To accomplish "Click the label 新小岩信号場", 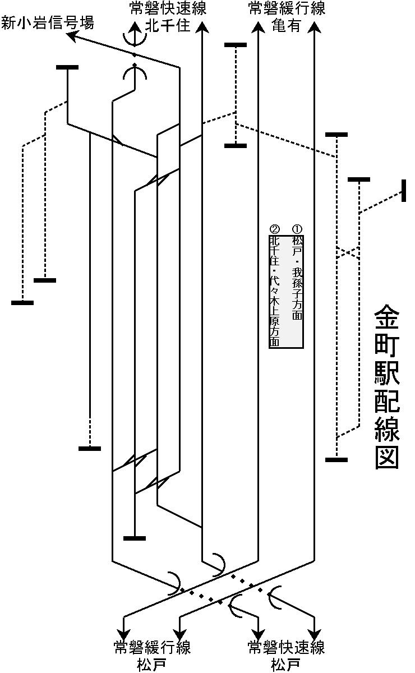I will click(x=47, y=23).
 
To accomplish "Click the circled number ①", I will click(x=297, y=229).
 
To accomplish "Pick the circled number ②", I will click(x=275, y=229).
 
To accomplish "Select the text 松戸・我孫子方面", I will click(x=297, y=278).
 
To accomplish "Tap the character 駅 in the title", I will click(x=386, y=386).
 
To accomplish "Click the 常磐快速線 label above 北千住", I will click(x=167, y=9).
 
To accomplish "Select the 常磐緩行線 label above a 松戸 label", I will click(x=152, y=647).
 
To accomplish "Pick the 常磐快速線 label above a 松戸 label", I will click(x=287, y=647).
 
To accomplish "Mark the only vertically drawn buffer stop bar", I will click(x=404, y=191).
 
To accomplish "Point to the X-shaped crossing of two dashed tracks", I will click(x=348, y=252).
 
